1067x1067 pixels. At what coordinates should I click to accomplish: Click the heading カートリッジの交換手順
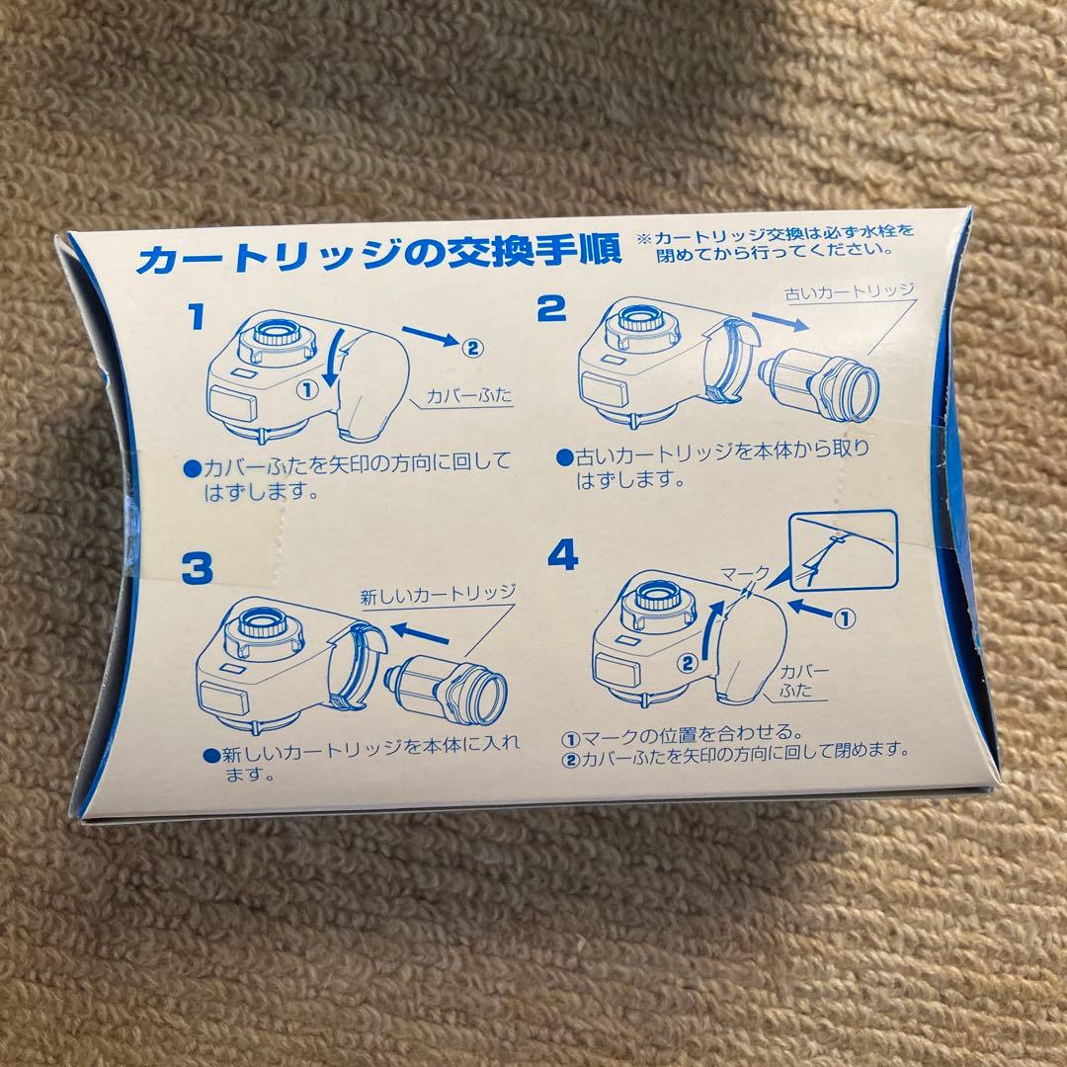pyautogui.click(x=379, y=253)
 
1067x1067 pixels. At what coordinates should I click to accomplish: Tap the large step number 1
pyautogui.click(x=197, y=317)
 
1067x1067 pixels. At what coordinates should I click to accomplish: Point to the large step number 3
pyautogui.click(x=198, y=569)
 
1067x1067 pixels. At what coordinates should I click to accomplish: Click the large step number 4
pyautogui.click(x=563, y=555)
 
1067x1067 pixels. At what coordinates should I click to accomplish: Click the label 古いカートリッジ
pyautogui.click(x=850, y=291)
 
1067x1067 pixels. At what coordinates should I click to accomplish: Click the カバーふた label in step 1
pyautogui.click(x=469, y=395)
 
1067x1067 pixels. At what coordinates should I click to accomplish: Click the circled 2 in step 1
pyautogui.click(x=472, y=349)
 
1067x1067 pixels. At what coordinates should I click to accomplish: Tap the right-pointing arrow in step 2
pyautogui.click(x=780, y=322)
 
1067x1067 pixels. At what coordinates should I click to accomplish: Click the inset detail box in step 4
pyautogui.click(x=843, y=550)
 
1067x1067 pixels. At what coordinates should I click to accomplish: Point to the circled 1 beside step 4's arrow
pyautogui.click(x=844, y=619)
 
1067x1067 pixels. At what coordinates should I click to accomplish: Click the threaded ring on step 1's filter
pyautogui.click(x=278, y=333)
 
